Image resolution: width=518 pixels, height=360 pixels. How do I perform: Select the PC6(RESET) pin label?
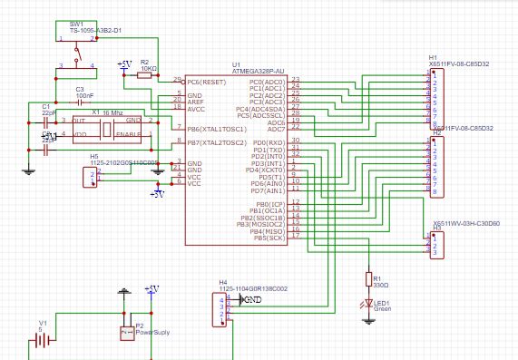coord(206,82)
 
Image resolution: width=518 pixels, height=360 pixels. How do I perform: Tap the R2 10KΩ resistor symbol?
coord(145,76)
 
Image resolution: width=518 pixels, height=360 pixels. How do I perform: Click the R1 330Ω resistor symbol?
coord(368,279)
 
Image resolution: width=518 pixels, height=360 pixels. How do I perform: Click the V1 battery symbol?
coord(41,341)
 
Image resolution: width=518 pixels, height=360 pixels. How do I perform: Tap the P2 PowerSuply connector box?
coord(126,334)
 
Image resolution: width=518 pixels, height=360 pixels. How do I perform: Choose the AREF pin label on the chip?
coord(196,102)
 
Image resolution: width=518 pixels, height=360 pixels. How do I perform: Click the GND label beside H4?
coord(253,299)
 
